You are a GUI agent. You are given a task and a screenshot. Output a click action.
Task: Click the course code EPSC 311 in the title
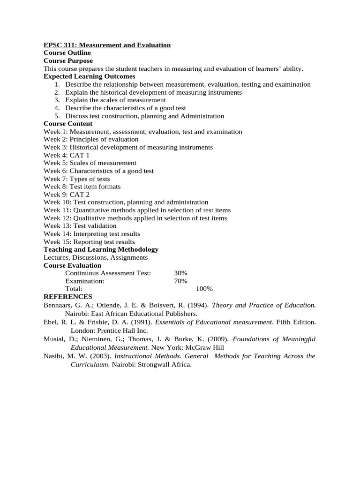click(60, 45)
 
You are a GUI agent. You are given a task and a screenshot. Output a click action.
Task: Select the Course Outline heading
click(67, 53)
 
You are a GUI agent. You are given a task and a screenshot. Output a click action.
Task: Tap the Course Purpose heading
click(68, 60)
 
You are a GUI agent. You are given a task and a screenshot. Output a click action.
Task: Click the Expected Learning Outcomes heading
click(89, 76)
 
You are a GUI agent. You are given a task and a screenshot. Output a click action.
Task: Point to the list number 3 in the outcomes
click(57, 100)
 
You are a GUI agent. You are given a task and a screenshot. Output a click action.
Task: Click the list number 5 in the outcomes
click(57, 116)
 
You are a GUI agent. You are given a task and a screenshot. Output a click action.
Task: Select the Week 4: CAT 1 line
click(67, 155)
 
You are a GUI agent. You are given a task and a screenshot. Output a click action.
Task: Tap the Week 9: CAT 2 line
click(67, 195)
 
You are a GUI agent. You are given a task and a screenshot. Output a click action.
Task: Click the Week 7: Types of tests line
click(77, 179)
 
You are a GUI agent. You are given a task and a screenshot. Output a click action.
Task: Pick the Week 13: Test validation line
click(80, 226)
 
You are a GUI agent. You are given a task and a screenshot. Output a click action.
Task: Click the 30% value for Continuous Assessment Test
click(180, 273)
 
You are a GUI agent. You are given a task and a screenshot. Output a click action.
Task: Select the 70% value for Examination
click(180, 281)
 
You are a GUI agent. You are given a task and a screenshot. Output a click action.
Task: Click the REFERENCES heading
click(68, 297)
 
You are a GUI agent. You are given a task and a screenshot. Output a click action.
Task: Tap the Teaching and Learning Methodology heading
click(101, 249)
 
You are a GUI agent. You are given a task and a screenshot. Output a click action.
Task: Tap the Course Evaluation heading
click(72, 265)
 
